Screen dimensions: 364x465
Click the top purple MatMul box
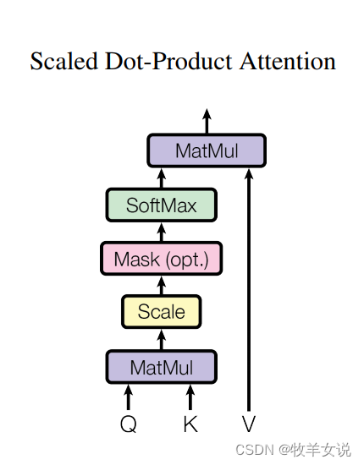point(207,150)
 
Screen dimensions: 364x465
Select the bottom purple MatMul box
point(162,367)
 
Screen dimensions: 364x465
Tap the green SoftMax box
point(162,205)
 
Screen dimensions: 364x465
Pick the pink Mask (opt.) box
point(162,259)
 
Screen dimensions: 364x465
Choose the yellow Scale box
point(162,312)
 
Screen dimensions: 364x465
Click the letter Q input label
point(129,424)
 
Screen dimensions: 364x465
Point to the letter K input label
point(190,424)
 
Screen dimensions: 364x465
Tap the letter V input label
point(249,424)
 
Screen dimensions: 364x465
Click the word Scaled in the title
point(64,61)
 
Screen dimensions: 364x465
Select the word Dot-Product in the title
point(168,61)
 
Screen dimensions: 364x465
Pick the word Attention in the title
point(288,61)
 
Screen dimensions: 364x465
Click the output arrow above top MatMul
point(207,121)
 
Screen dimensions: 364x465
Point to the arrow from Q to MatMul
point(129,397)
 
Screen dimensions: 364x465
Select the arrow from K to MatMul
point(190,397)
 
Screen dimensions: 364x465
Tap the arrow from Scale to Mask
point(162,286)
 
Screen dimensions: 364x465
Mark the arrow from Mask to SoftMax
point(162,232)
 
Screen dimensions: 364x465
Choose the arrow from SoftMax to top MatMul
point(162,178)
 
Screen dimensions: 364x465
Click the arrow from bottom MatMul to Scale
point(162,340)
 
